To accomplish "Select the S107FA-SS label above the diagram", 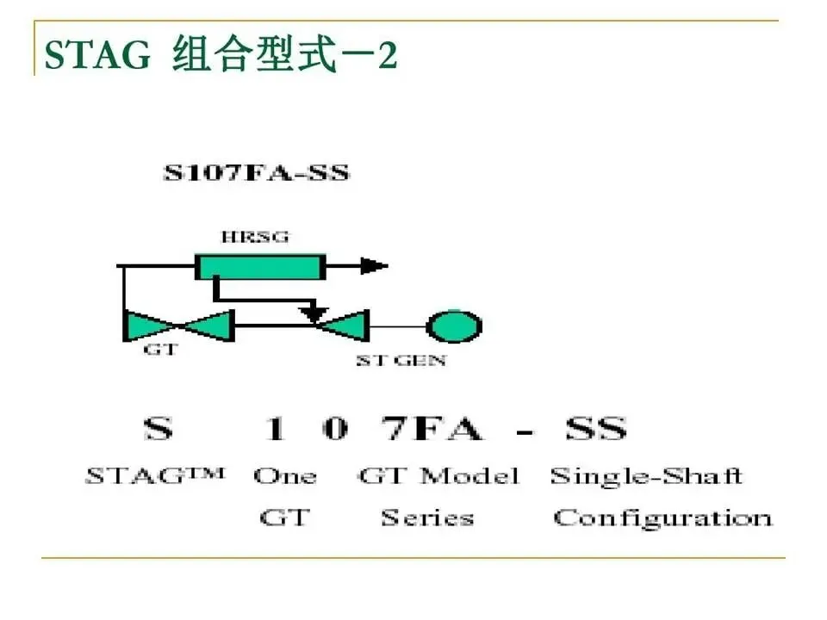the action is [x=257, y=172].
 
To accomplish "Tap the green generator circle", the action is [x=454, y=326].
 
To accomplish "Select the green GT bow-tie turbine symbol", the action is [x=179, y=326].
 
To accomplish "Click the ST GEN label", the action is [x=401, y=361].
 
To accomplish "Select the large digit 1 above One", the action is [x=275, y=428].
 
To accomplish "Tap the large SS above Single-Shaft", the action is [x=594, y=428].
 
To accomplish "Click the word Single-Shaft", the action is [x=646, y=476].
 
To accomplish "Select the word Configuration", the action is [x=662, y=518].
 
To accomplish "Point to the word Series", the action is [x=428, y=518].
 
